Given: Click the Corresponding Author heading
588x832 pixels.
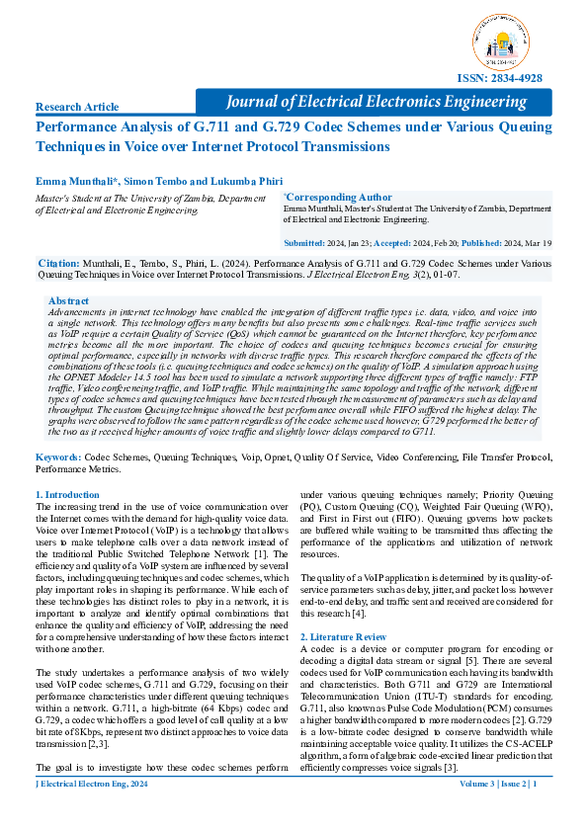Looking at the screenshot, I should (x=325, y=197).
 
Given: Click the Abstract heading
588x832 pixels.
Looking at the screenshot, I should (x=68, y=299).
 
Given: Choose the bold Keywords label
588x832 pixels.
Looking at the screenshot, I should (x=58, y=457).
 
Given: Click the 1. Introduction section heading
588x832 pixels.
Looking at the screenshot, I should (x=67, y=493).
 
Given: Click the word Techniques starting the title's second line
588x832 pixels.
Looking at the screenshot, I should (x=74, y=146).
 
